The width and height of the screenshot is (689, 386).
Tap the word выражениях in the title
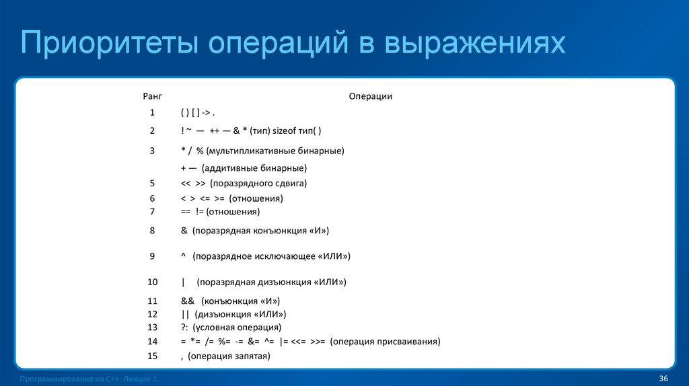coord(475,44)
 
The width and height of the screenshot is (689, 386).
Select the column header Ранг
coord(152,97)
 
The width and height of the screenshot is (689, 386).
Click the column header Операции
coord(370,97)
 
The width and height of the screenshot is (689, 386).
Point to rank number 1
coord(152,112)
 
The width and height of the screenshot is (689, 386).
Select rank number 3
coord(152,151)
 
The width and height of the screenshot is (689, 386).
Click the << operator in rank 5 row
coord(186,183)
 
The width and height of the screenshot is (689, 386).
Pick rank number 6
coord(152,199)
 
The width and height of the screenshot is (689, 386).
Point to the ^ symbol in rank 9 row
coord(183,256)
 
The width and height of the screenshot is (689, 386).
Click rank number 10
coord(152,282)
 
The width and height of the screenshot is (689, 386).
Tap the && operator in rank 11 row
coord(188,301)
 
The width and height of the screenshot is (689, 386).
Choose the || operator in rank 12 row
coord(185,314)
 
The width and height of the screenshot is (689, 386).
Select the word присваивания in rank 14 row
coord(412,342)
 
